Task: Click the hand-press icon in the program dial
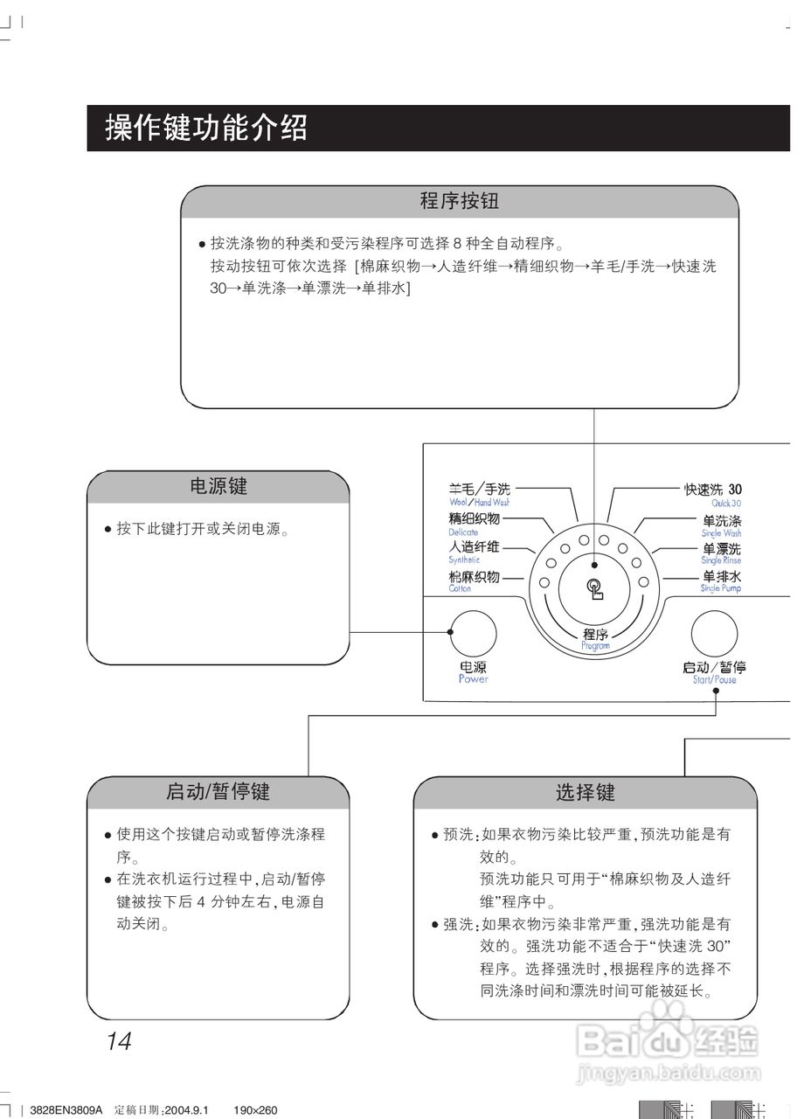[x=595, y=589]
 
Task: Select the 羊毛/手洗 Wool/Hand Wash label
[x=480, y=494]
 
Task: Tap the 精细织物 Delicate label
[x=474, y=523]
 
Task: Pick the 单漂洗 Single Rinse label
[x=722, y=552]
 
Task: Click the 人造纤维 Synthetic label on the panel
[x=474, y=551]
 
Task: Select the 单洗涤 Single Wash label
[x=722, y=523]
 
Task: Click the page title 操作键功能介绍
[x=206, y=129]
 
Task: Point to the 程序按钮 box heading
[x=460, y=202]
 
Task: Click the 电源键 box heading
[x=218, y=486]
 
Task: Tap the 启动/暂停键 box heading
[x=218, y=792]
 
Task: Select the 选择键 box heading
[x=586, y=793]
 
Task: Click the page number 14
[x=119, y=1041]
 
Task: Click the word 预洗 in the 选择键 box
[x=458, y=834]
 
